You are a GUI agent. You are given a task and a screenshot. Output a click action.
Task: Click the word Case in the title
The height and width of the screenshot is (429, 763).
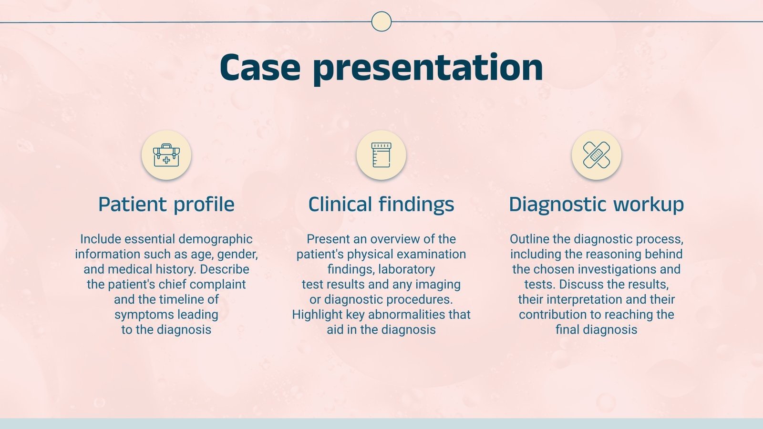coord(260,67)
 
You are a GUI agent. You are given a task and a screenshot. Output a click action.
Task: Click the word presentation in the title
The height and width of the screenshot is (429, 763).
coord(428,67)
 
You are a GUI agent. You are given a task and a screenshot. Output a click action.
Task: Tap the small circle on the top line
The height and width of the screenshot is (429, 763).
coord(381,21)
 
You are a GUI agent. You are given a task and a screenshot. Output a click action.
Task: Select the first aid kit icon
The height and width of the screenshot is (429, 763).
coord(166,155)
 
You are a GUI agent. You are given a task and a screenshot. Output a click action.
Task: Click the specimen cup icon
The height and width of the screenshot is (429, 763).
coord(381,155)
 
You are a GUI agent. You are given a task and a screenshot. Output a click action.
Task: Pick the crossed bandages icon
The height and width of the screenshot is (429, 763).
coord(596,155)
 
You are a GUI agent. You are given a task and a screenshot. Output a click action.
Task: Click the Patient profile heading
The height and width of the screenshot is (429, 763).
coord(166,204)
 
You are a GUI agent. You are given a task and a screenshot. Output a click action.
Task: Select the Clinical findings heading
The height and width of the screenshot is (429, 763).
coord(381,204)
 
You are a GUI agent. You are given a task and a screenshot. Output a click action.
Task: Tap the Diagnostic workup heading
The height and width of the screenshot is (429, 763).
coord(596,204)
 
